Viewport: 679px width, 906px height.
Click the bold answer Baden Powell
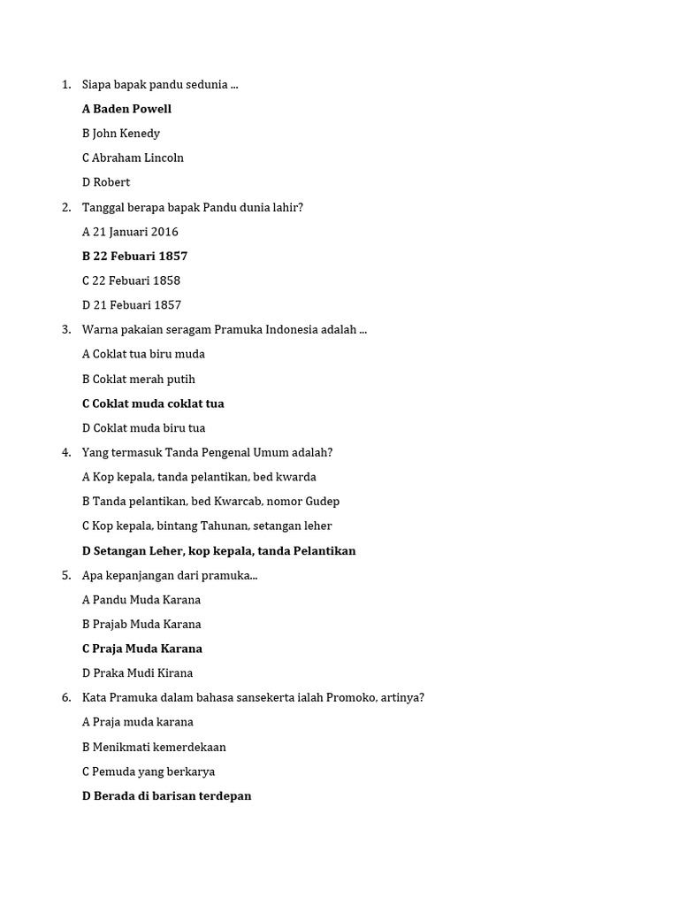click(x=126, y=109)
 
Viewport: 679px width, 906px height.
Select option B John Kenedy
click(x=121, y=134)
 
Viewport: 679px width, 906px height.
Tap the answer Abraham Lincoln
click(x=133, y=157)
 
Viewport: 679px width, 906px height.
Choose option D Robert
click(x=106, y=182)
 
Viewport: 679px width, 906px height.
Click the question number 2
click(x=66, y=207)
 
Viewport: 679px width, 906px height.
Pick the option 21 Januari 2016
click(x=130, y=232)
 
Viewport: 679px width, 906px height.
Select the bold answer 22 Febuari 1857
click(x=134, y=257)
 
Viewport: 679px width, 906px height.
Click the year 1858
click(x=165, y=280)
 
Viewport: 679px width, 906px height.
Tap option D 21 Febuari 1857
click(x=132, y=305)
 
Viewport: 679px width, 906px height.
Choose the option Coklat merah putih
click(x=139, y=379)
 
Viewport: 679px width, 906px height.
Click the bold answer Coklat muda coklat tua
click(x=153, y=403)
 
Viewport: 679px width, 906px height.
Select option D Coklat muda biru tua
click(x=143, y=428)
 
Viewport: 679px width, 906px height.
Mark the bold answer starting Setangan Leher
click(x=218, y=551)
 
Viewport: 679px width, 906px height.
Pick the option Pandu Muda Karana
click(x=141, y=600)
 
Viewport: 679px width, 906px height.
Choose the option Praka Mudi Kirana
click(x=137, y=673)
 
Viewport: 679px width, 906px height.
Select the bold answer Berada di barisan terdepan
click(x=166, y=796)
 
